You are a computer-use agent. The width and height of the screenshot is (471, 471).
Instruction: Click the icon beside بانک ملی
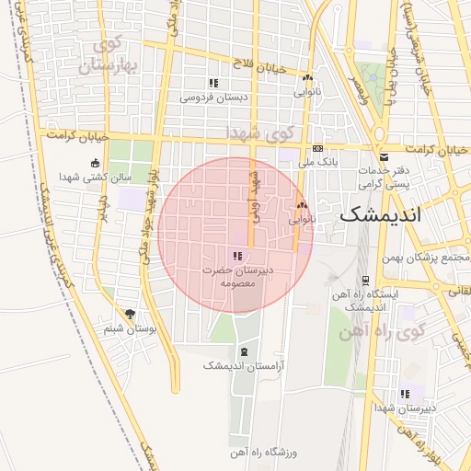(318, 148)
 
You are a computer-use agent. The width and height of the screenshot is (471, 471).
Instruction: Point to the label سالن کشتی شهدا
(96, 177)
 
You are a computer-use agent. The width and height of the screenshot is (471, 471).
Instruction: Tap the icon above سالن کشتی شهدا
(95, 164)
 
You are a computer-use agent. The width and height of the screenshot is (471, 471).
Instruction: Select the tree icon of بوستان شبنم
(129, 315)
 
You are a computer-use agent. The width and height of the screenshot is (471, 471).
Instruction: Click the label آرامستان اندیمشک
(244, 365)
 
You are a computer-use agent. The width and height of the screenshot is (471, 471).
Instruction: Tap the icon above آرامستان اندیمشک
(243, 351)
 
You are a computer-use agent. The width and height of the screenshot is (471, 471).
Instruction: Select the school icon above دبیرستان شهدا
(405, 394)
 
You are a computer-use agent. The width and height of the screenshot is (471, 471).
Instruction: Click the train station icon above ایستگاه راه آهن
(365, 281)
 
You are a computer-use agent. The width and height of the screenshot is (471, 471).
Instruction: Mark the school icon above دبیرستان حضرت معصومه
(237, 256)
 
